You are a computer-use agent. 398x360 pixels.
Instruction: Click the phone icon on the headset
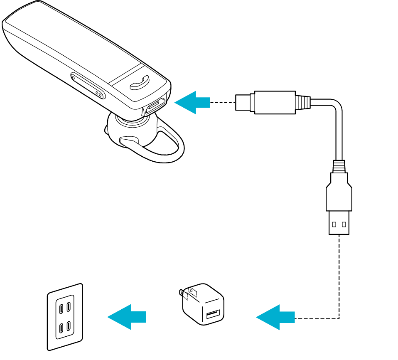139,83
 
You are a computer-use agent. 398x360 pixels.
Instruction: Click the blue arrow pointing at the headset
192,102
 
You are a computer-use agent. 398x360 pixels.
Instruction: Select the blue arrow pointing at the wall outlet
126,317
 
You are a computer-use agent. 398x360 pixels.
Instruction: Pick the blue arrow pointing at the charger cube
275,318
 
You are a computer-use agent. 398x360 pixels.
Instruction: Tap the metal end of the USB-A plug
339,223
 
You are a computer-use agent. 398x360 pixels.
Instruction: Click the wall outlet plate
65,317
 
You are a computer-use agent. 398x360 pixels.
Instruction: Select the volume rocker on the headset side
87,86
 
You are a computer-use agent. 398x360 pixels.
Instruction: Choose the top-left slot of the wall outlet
61,308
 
